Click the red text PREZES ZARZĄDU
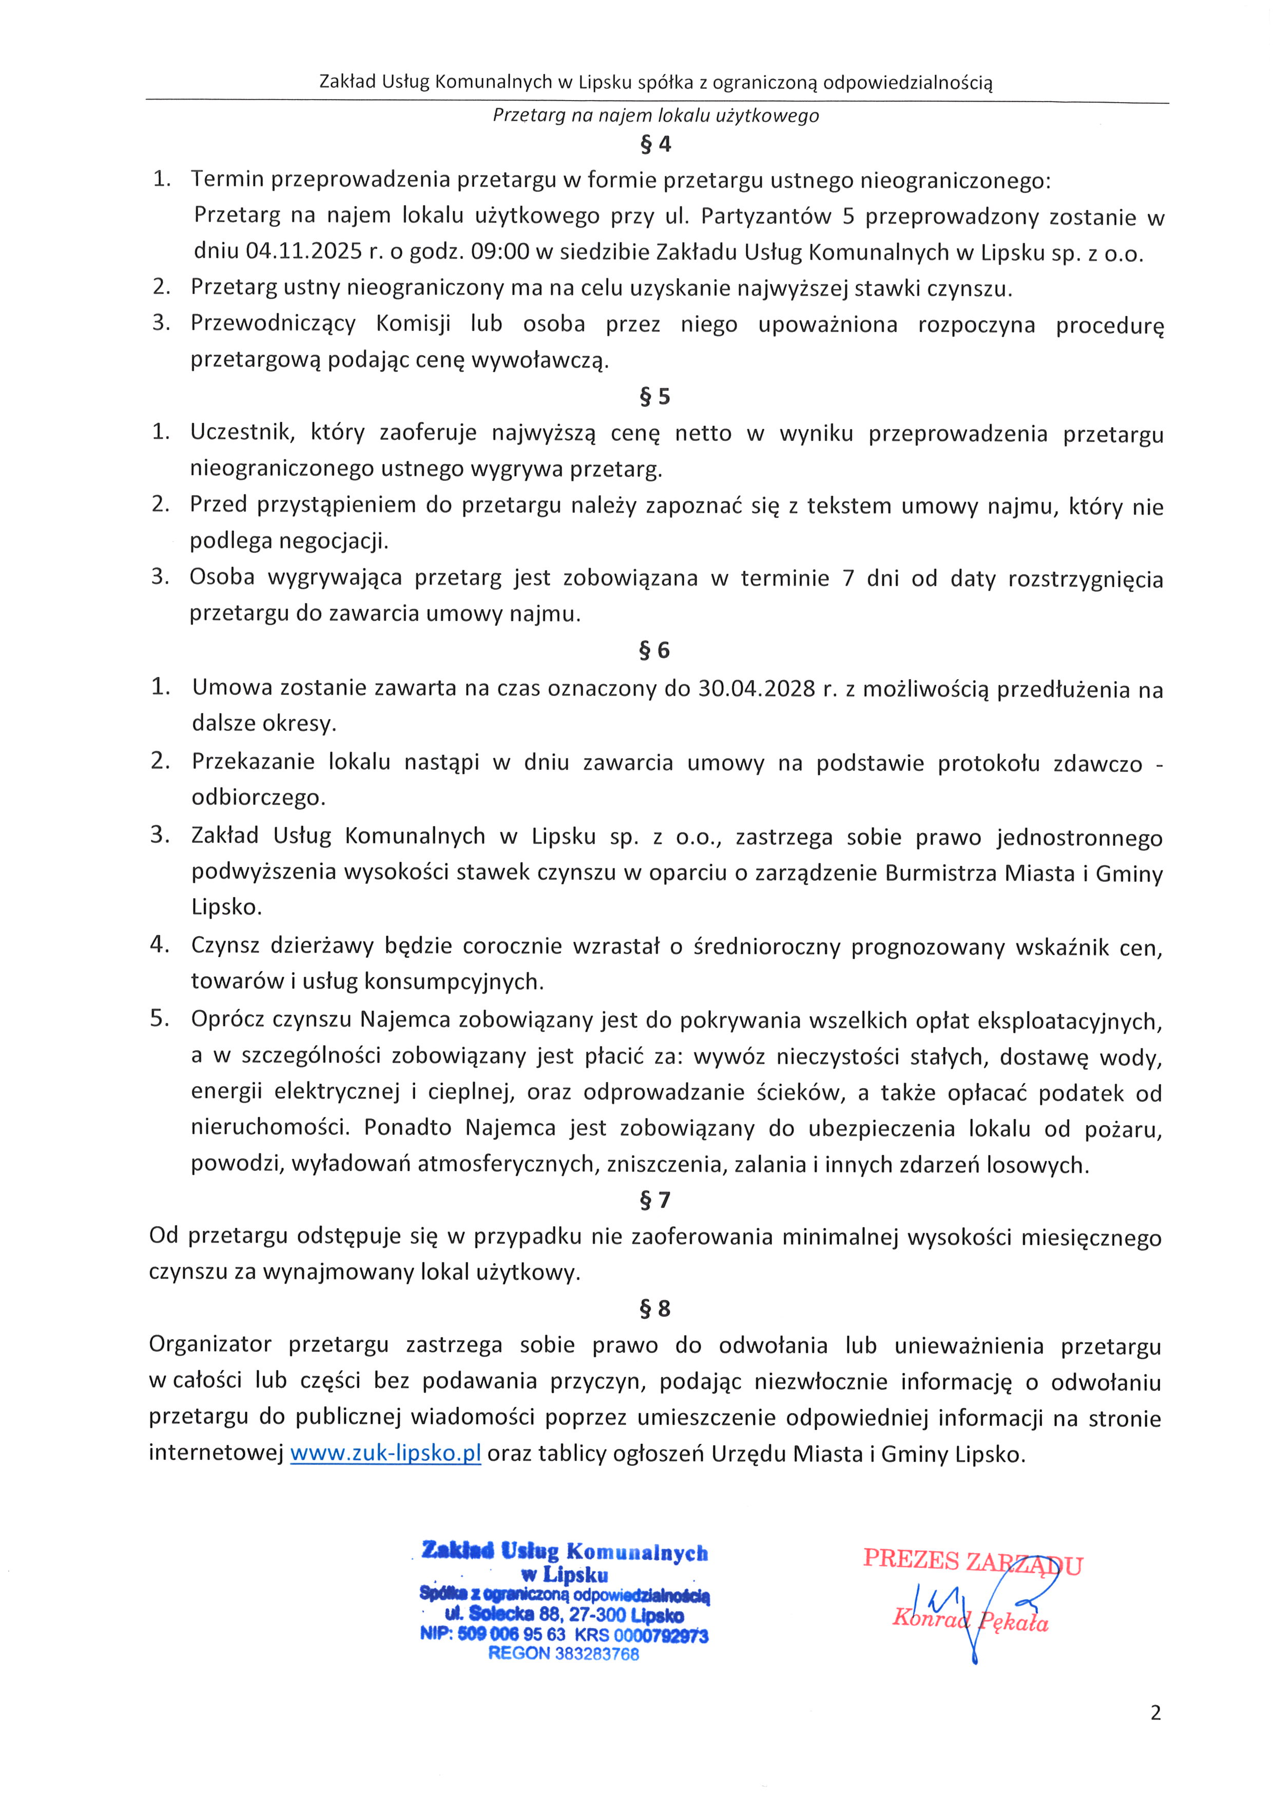tap(972, 1561)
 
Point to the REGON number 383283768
tap(596, 1654)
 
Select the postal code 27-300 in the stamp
tap(597, 1615)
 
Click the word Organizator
tap(210, 1345)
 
